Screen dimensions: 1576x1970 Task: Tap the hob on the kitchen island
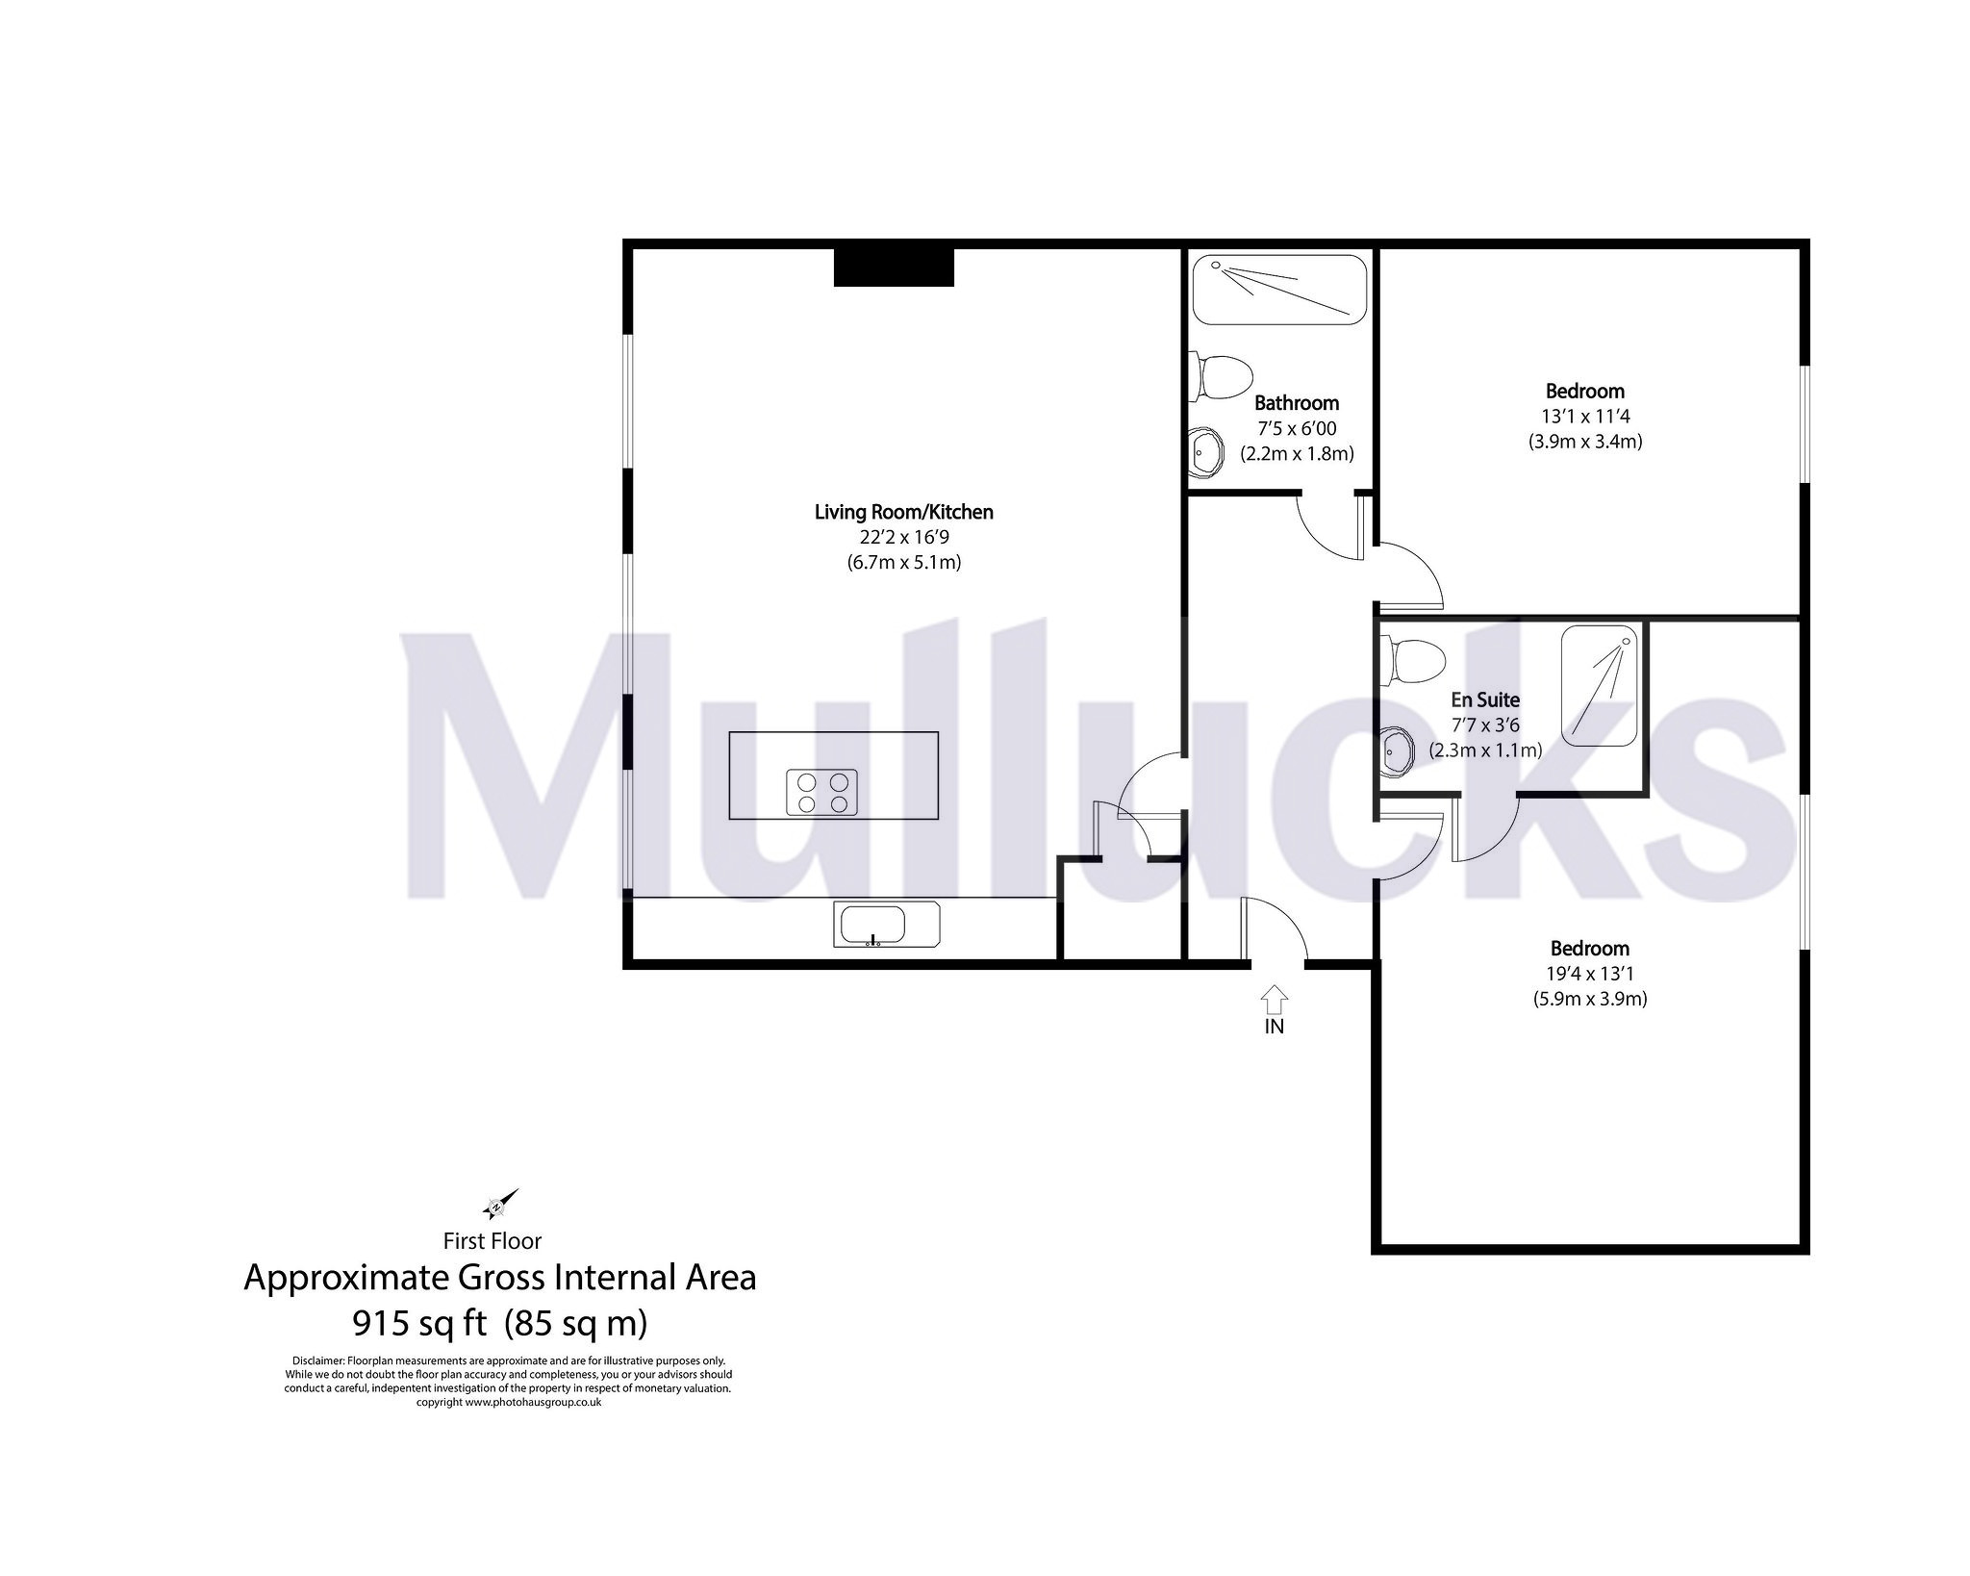tap(821, 793)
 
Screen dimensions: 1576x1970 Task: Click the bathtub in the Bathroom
tap(1279, 290)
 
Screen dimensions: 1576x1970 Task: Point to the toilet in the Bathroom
tap(1221, 378)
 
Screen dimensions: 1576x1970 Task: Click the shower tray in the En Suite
tap(1599, 685)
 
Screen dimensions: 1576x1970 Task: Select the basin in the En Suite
tap(1397, 752)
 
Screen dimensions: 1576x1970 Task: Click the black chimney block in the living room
tap(893, 267)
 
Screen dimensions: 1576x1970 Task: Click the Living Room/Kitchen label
tap(903, 512)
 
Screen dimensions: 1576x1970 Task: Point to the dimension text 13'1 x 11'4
tap(1584, 417)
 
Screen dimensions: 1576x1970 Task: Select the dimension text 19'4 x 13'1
tap(1589, 974)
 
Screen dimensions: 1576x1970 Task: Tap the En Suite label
tap(1485, 699)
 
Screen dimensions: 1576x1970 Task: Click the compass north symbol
tap(499, 1205)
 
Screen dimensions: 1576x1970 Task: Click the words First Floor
tap(492, 1241)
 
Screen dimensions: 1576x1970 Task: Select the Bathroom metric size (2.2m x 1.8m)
tap(1297, 453)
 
